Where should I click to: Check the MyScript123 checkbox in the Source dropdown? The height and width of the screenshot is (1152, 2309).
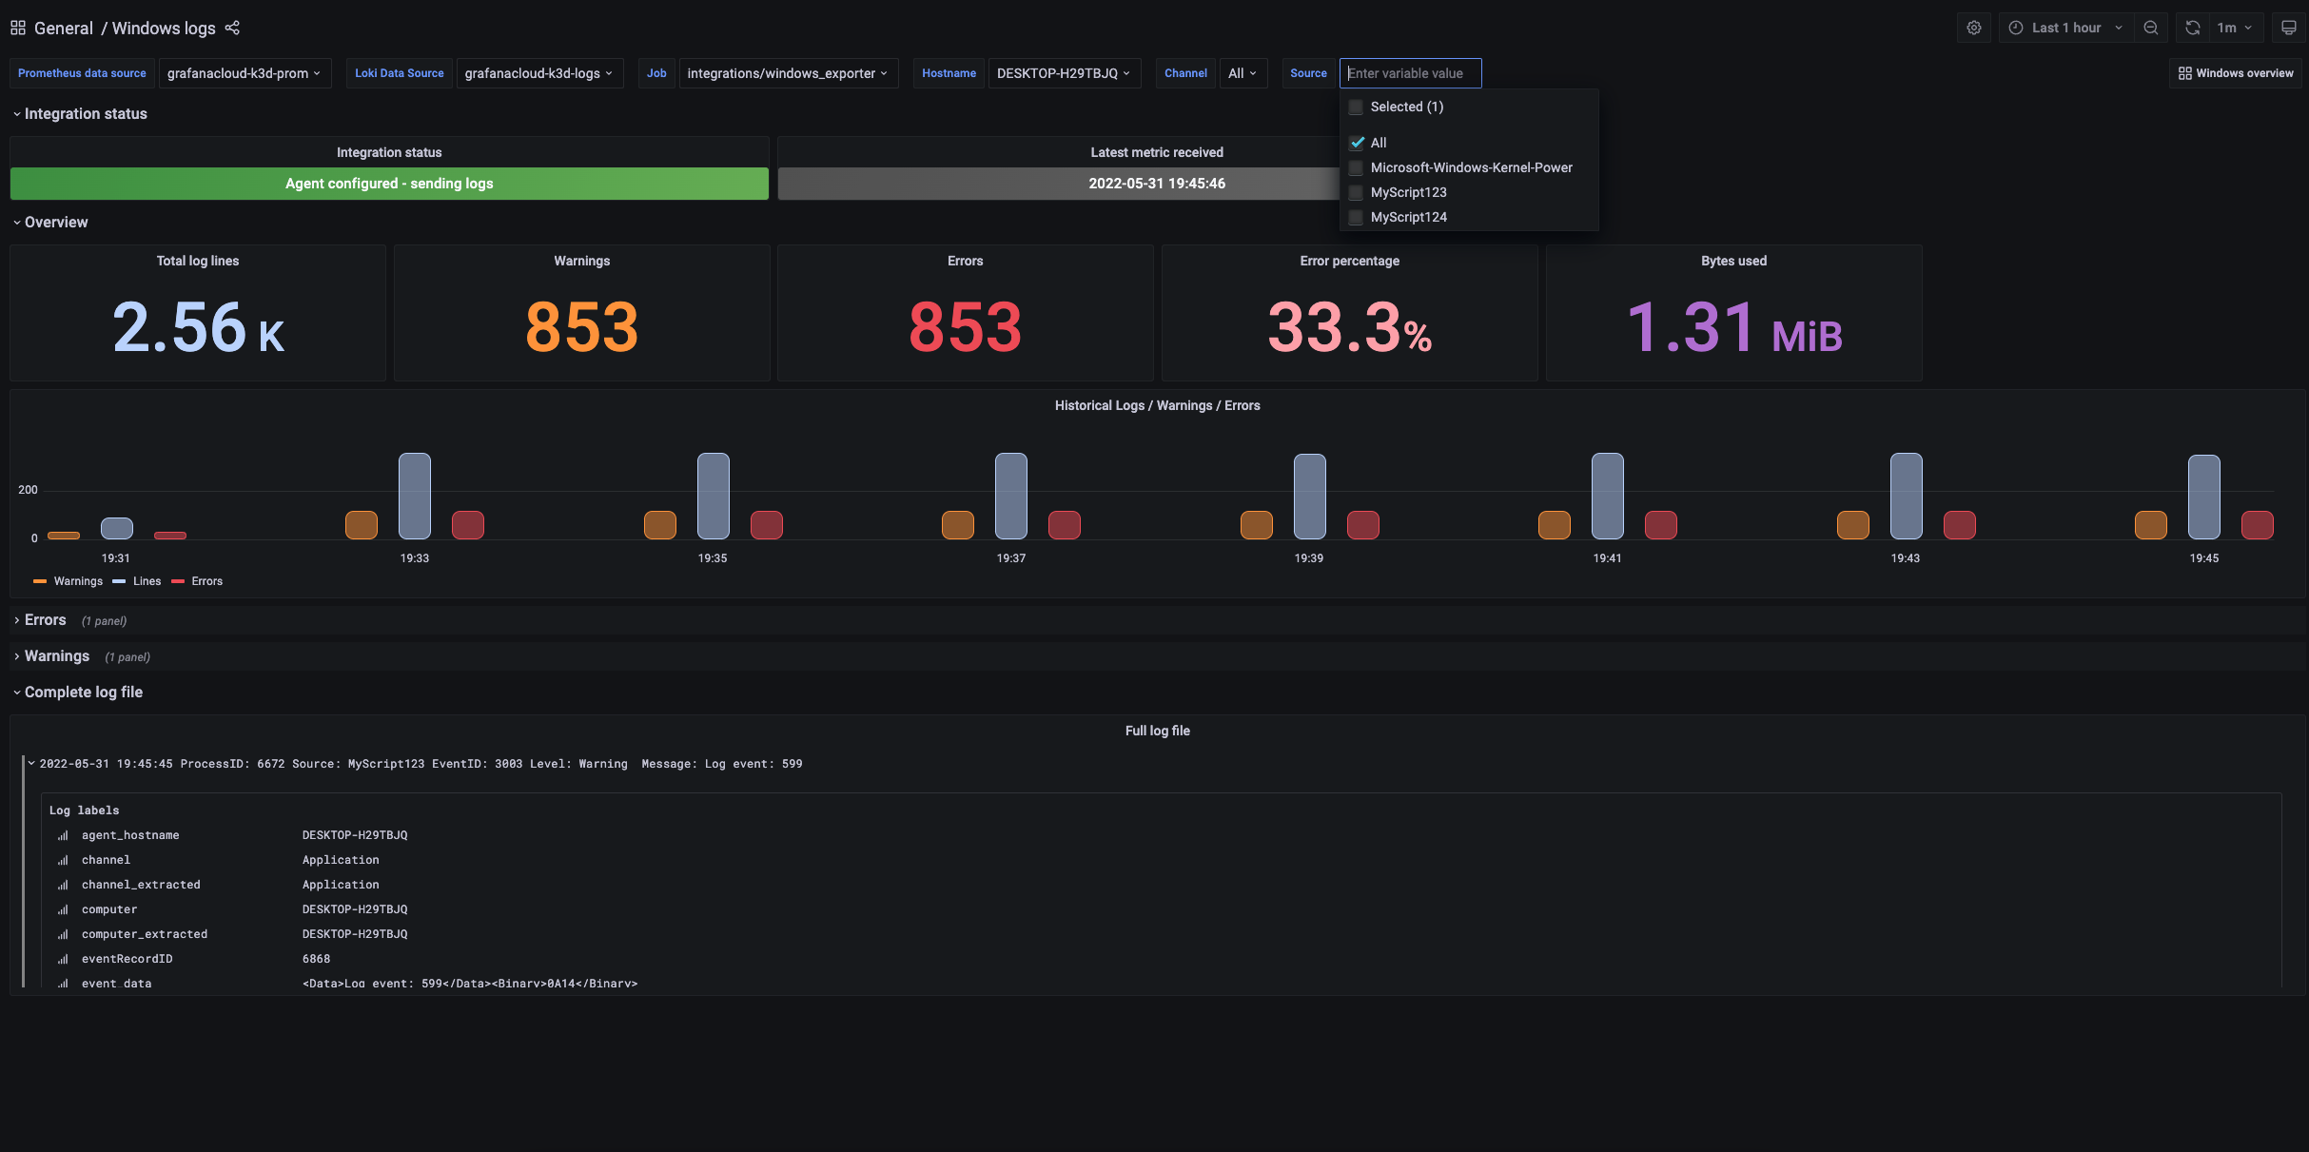coord(1357,192)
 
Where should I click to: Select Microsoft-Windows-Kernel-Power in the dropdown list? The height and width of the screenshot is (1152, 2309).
coord(1471,167)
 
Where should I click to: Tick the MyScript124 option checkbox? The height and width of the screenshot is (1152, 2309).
coord(1357,217)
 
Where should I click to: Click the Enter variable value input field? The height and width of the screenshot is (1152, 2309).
coord(1410,73)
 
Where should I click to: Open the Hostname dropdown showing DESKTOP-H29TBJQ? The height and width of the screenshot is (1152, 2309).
coord(1063,73)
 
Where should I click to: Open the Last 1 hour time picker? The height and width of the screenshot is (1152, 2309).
coord(2064,28)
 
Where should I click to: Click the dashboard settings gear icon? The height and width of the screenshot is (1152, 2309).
coord(1974,28)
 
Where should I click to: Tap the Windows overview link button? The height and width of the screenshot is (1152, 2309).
coord(2235,73)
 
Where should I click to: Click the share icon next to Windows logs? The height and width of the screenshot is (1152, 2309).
coord(232,28)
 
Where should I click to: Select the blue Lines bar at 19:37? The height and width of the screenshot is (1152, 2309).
coord(1010,496)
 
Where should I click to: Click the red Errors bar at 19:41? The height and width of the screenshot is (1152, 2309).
coord(1660,525)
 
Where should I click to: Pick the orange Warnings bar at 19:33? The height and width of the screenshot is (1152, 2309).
coord(362,525)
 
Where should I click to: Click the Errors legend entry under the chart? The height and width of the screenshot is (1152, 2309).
coord(205,581)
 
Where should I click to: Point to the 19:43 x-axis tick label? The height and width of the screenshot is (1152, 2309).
coord(1905,558)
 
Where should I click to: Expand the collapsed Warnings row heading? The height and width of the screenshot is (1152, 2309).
coord(57,656)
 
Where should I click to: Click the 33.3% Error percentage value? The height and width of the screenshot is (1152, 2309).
coord(1348,327)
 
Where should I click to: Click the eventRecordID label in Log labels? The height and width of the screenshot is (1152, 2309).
coord(127,959)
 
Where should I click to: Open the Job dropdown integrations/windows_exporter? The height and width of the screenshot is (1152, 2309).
coord(787,73)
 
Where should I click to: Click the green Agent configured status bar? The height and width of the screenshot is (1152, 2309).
coord(389,184)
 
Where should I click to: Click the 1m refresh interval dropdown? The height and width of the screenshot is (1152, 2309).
coord(2234,28)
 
